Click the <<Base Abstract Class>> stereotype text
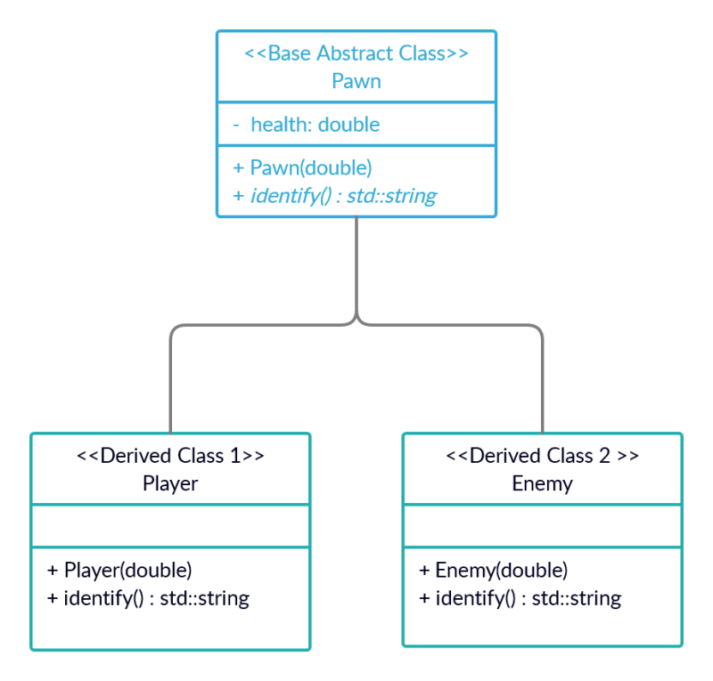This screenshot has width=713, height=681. [356, 53]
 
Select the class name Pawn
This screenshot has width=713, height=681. [356, 81]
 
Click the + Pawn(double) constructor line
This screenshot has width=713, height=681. [302, 167]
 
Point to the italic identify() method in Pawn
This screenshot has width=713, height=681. [335, 195]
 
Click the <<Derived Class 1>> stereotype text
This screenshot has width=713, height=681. [170, 456]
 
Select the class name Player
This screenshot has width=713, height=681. [170, 483]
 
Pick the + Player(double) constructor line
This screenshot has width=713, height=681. [119, 570]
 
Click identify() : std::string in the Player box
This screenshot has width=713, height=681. [148, 597]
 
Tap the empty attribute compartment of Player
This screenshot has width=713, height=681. [170, 526]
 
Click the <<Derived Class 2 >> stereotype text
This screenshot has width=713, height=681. [542, 456]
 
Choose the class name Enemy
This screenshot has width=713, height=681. [542, 483]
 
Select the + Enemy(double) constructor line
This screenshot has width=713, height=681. [493, 570]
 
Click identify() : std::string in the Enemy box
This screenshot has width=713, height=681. [520, 597]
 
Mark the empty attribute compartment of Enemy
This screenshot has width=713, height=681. [542, 526]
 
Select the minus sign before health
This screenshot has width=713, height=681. [236, 126]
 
